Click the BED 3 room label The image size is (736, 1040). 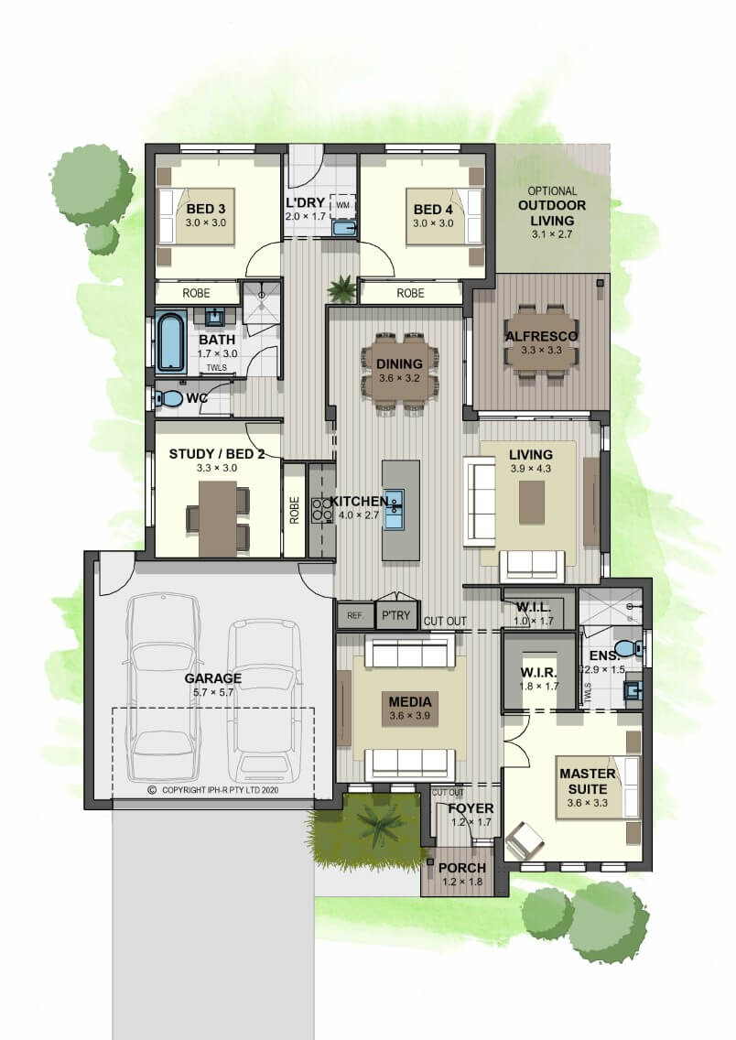click(206, 209)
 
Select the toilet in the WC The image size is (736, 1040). click(169, 398)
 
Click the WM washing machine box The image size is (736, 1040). click(342, 205)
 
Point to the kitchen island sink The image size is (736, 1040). click(394, 509)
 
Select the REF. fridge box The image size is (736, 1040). click(355, 615)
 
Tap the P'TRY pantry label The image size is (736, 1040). click(395, 615)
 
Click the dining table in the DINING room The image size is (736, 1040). click(400, 372)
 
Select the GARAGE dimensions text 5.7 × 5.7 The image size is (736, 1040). click(213, 692)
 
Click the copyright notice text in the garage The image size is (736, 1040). click(213, 790)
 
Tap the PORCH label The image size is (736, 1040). click(462, 868)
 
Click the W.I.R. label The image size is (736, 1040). click(538, 673)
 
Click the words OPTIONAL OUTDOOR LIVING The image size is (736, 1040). click(552, 206)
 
